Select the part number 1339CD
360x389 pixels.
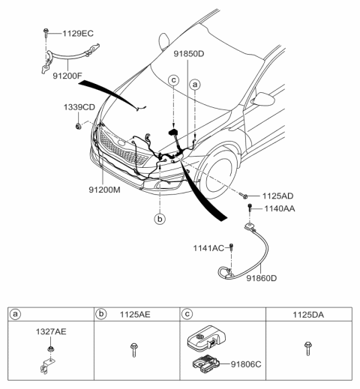79,108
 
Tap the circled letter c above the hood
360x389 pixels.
173,79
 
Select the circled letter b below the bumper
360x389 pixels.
159,220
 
